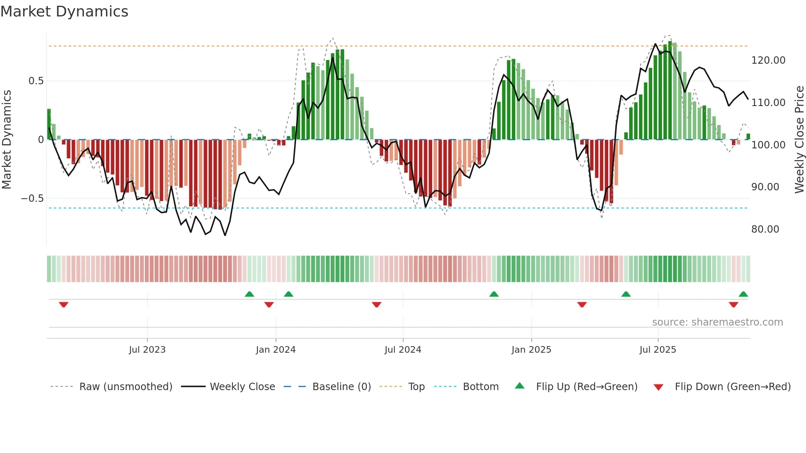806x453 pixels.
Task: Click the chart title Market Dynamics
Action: (65, 12)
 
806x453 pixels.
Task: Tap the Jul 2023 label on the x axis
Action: (147, 349)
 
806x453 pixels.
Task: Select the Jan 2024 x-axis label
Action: (276, 349)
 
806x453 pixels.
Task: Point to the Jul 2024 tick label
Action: (403, 349)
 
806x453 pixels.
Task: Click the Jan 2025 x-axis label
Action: (531, 349)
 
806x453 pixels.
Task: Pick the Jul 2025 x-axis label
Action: (658, 349)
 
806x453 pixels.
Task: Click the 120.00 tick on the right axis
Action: (768, 60)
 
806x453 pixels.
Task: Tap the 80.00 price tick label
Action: (765, 229)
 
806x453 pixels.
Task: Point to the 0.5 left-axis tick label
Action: (36, 81)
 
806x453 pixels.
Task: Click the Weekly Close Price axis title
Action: (799, 140)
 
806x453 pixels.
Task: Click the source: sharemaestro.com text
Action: (717, 322)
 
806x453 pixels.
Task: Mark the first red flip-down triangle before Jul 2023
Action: (63, 305)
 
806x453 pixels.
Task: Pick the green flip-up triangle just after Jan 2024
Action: (289, 294)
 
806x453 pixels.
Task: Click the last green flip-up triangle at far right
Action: (743, 294)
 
